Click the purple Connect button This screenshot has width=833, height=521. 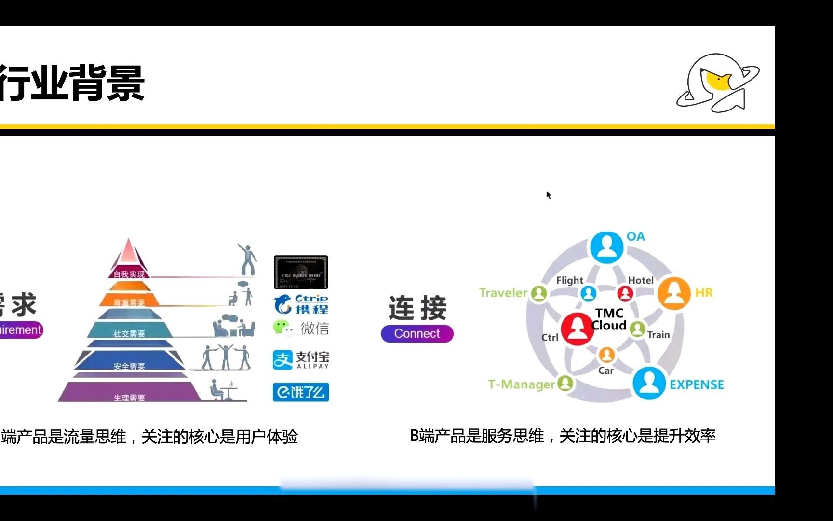pyautogui.click(x=417, y=333)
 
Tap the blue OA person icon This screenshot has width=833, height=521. pyautogui.click(x=606, y=247)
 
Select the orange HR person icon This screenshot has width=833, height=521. pyautogui.click(x=674, y=293)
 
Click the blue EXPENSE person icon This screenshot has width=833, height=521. pyautogui.click(x=649, y=383)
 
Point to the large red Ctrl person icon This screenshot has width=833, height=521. pyautogui.click(x=577, y=329)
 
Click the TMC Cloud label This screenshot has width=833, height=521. pyautogui.click(x=609, y=319)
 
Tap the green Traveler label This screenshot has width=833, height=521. pyautogui.click(x=503, y=293)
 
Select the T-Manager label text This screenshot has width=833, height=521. pyautogui.click(x=521, y=384)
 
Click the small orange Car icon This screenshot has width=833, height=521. pyautogui.click(x=606, y=355)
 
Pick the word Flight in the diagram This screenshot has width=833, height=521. pyautogui.click(x=569, y=280)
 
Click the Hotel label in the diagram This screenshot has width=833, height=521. pyautogui.click(x=641, y=280)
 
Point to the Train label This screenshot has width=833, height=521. pyautogui.click(x=658, y=335)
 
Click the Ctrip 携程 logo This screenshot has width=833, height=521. pyautogui.click(x=301, y=304)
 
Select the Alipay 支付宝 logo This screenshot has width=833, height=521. pyautogui.click(x=301, y=360)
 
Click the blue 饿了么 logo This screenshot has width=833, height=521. pyautogui.click(x=301, y=392)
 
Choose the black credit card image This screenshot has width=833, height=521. pyautogui.click(x=301, y=272)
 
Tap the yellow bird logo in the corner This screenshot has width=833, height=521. pyautogui.click(x=718, y=82)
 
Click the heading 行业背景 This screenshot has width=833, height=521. pyautogui.click(x=72, y=83)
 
